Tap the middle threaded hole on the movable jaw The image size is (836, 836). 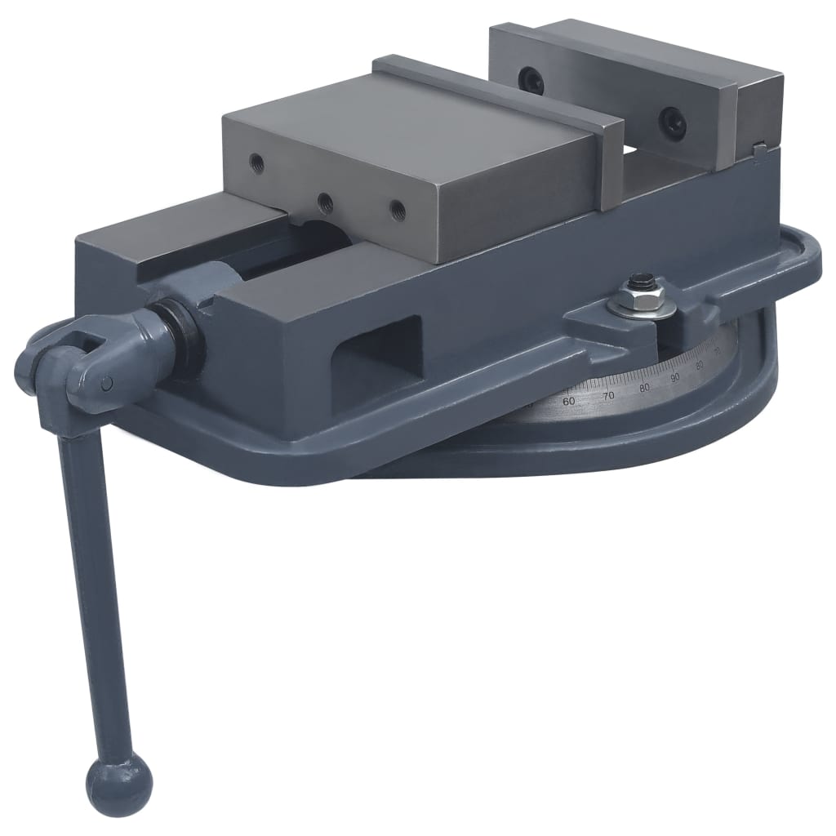tap(325, 199)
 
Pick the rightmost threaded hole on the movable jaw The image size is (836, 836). tap(397, 209)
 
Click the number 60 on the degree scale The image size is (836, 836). tap(569, 401)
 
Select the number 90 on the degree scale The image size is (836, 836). tap(675, 377)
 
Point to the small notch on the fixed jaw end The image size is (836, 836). tap(758, 149)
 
